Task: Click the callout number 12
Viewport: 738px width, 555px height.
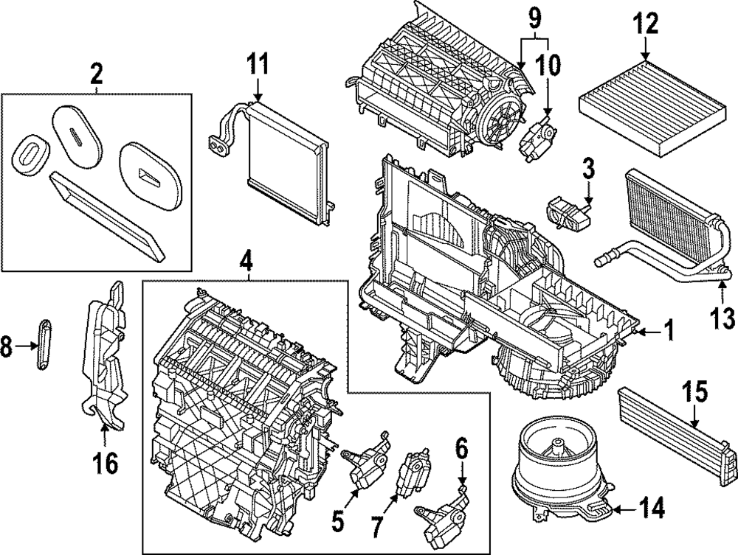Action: click(x=645, y=24)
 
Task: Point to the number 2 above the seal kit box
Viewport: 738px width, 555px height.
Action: click(x=96, y=74)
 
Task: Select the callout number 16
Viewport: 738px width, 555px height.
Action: click(x=105, y=464)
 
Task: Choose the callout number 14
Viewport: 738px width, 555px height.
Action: click(x=652, y=508)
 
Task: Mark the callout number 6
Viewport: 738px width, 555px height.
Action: click(x=462, y=450)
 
